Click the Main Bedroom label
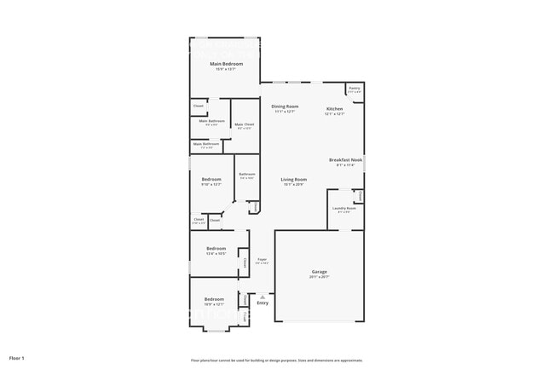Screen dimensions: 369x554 pyautogui.click(x=227, y=64)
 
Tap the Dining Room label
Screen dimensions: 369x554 pyautogui.click(x=285, y=107)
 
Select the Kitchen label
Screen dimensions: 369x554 pyautogui.click(x=334, y=109)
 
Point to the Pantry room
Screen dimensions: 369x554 pyautogui.click(x=354, y=89)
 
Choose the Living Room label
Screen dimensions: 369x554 pyautogui.click(x=294, y=179)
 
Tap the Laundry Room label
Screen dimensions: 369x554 pyautogui.click(x=344, y=209)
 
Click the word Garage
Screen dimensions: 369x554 pyautogui.click(x=319, y=272)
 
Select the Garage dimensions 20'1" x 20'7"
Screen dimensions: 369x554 pyautogui.click(x=319, y=278)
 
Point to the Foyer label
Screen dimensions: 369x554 pyautogui.click(x=263, y=260)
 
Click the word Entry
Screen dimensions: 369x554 pyautogui.click(x=263, y=303)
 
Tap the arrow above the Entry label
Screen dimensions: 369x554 pyautogui.click(x=263, y=296)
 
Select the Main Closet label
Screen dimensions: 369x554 pyautogui.click(x=244, y=125)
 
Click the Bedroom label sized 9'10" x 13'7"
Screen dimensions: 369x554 pyautogui.click(x=211, y=179)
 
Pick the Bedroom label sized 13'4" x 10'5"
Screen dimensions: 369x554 pyautogui.click(x=215, y=248)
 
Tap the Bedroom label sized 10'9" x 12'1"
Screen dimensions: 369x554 pyautogui.click(x=214, y=299)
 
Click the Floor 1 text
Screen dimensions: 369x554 pyautogui.click(x=17, y=358)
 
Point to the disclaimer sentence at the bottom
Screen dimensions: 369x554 pyautogui.click(x=276, y=360)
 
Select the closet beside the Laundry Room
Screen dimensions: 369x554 pyautogui.click(x=360, y=196)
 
